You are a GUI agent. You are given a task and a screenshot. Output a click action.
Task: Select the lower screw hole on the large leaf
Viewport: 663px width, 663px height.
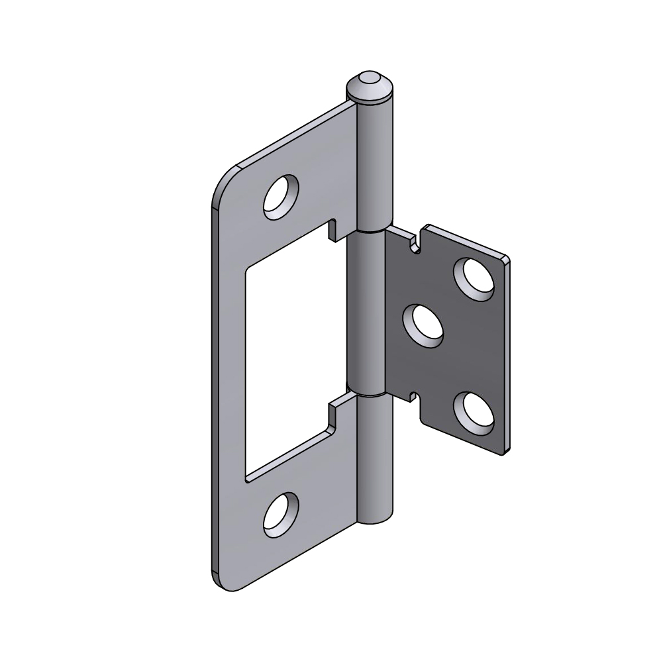(281, 515)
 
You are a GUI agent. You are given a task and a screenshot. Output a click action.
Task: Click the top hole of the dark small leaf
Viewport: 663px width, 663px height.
(474, 276)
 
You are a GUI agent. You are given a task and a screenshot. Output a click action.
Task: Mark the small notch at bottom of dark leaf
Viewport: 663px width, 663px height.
(414, 397)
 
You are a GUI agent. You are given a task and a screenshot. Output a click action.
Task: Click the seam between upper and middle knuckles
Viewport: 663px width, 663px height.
(371, 232)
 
